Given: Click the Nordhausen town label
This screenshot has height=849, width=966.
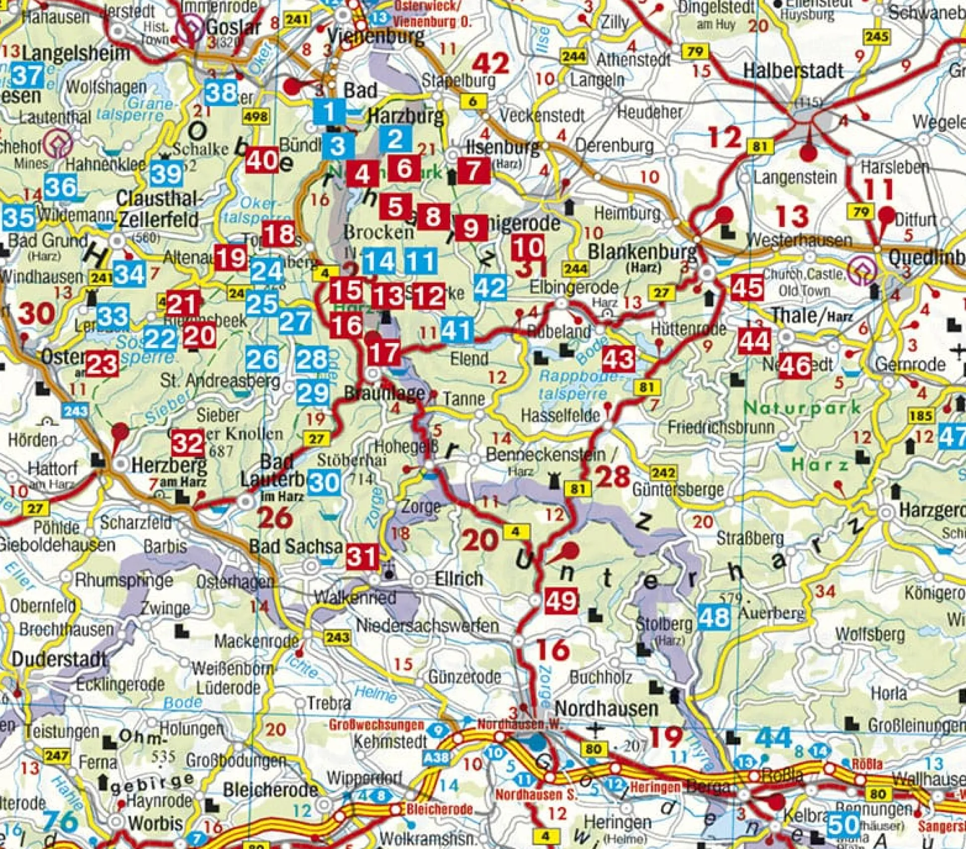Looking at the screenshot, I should [606, 708].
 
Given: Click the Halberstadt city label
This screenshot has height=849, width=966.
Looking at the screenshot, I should [793, 71].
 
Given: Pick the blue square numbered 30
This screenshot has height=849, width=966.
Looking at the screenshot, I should [324, 482].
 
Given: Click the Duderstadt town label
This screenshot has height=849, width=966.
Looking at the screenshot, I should [59, 659].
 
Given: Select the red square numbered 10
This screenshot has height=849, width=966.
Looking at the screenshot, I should [528, 247].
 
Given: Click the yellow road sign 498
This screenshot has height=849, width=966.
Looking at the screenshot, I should [256, 117].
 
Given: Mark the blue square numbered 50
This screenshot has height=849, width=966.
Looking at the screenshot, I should [843, 825].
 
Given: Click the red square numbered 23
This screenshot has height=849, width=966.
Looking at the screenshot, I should [102, 364].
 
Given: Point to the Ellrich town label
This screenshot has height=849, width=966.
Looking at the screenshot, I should [459, 579].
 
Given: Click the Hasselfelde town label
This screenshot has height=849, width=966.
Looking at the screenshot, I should [560, 415].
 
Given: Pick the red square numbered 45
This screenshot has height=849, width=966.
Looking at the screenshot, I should [747, 287].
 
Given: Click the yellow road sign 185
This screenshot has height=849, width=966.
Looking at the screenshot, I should [921, 415].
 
